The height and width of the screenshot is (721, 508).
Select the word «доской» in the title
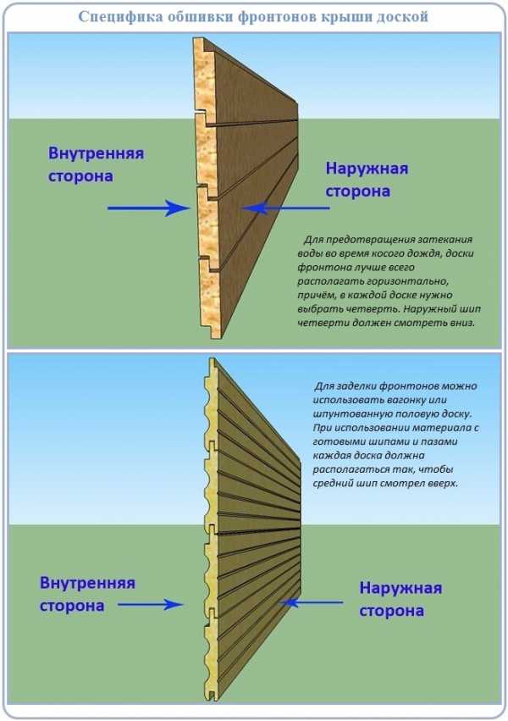pyautogui.click(x=400, y=16)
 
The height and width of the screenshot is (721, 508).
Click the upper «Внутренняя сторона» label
pyautogui.click(x=96, y=165)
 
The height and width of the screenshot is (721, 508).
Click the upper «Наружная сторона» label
pyautogui.click(x=367, y=180)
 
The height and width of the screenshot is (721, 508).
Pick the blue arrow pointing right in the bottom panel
pyautogui.click(x=150, y=604)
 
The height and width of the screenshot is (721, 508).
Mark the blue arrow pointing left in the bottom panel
pyautogui.click(x=314, y=602)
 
